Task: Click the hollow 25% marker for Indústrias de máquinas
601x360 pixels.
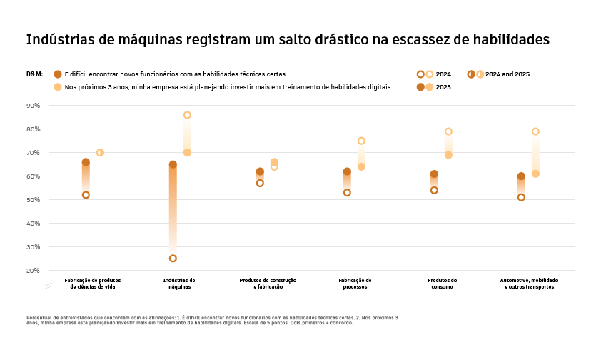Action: click(173, 259)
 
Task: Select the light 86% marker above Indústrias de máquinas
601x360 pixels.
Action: click(187, 115)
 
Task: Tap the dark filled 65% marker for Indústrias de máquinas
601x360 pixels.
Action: click(173, 164)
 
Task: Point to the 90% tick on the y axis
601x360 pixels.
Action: click(33, 106)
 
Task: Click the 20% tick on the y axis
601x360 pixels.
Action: click(33, 271)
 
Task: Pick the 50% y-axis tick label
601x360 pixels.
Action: click(33, 200)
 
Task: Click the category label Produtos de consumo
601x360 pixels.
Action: click(442, 284)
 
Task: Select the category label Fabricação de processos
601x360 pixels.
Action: click(355, 284)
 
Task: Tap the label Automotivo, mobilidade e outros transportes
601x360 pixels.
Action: click(529, 284)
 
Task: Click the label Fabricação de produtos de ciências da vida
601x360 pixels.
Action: click(93, 284)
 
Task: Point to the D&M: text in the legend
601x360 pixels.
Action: click(34, 74)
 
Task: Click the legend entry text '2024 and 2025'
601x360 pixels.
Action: click(507, 74)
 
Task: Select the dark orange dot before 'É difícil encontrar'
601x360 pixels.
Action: click(58, 74)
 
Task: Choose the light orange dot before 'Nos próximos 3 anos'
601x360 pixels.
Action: click(58, 87)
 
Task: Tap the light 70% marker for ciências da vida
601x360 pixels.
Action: click(100, 153)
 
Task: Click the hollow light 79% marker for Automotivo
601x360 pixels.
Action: click(535, 131)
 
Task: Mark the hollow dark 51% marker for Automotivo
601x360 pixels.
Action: click(521, 197)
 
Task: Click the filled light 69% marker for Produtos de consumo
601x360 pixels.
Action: click(448, 155)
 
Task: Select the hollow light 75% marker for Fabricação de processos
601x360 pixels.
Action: click(361, 141)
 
